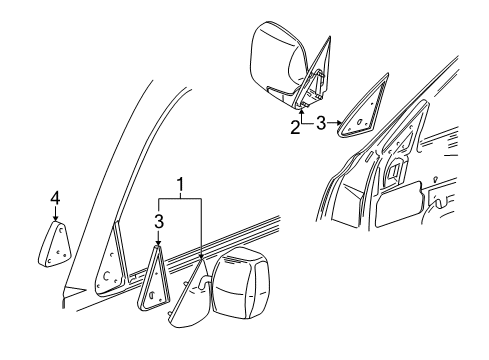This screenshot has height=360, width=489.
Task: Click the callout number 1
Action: pyautogui.click(x=179, y=184)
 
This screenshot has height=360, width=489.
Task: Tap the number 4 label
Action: pyautogui.click(x=55, y=199)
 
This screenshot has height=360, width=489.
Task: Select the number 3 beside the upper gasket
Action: pyautogui.click(x=321, y=125)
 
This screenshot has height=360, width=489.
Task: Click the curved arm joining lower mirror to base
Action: pyautogui.click(x=205, y=285)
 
